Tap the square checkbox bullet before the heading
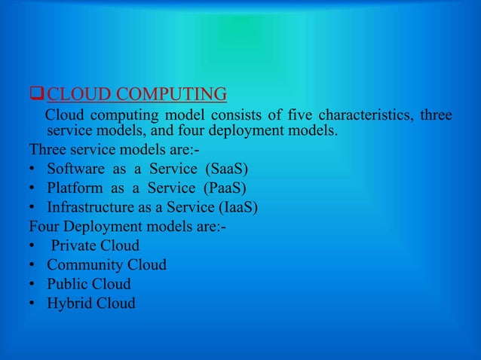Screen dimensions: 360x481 (35, 95)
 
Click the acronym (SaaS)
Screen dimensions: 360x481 (228, 167)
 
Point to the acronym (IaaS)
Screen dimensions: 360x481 (236, 206)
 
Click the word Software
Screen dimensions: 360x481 (76, 167)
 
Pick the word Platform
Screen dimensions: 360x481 (75, 187)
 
